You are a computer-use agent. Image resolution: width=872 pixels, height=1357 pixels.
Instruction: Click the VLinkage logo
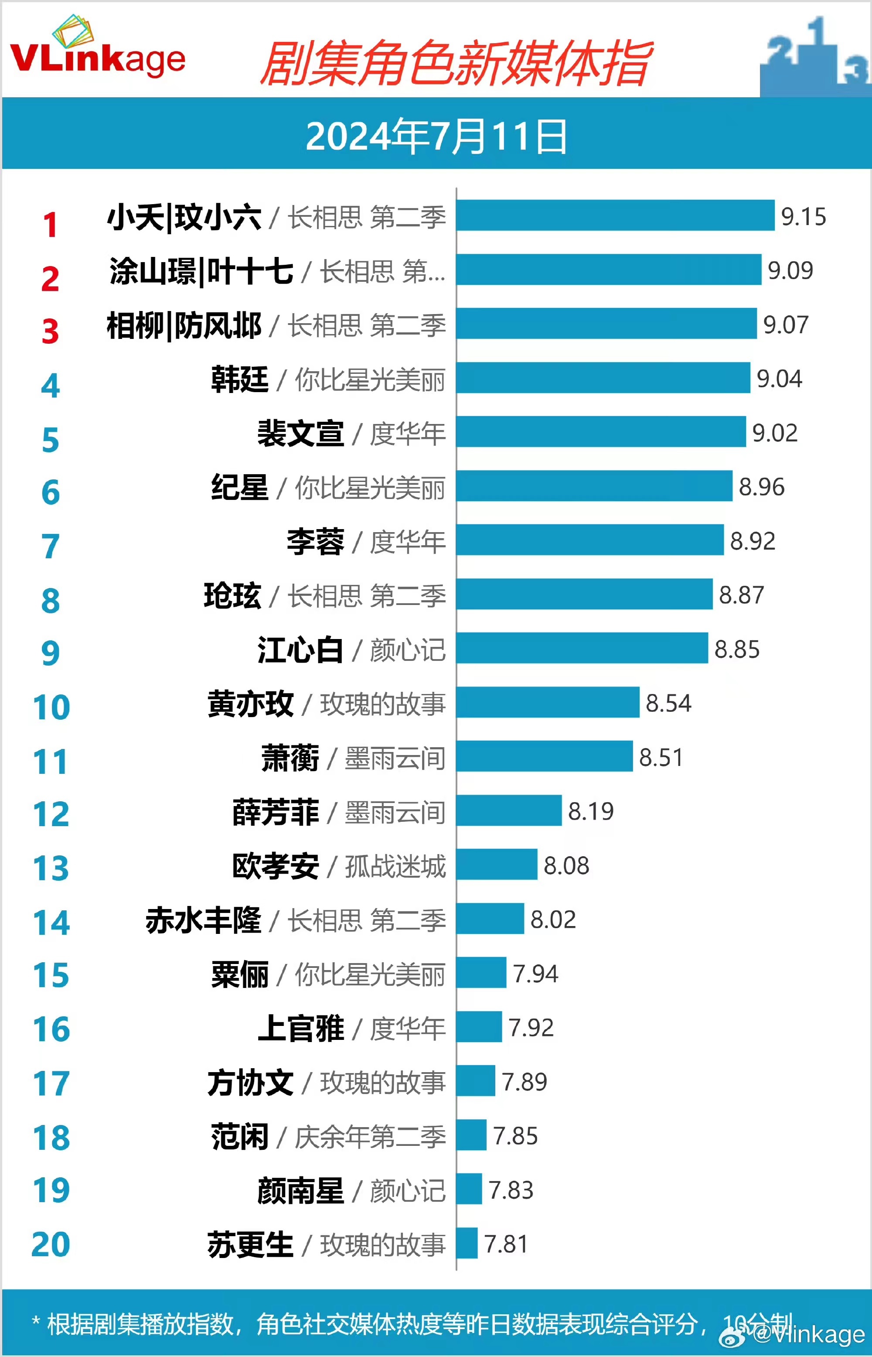tap(97, 51)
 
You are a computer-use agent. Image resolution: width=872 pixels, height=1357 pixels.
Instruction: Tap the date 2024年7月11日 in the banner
tap(436, 136)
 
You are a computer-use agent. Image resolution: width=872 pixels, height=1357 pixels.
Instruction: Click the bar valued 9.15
tap(615, 215)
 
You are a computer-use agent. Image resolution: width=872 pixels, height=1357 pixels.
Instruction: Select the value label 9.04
tap(779, 378)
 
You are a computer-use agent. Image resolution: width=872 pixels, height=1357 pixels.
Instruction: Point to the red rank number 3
tap(51, 332)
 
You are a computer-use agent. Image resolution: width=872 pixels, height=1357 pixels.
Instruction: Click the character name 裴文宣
tap(301, 433)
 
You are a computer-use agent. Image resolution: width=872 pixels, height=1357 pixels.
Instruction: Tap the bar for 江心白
tap(582, 648)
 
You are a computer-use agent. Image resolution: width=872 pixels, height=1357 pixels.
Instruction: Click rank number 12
tap(51, 814)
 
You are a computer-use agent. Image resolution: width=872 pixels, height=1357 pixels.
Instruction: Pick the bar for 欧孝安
tap(497, 864)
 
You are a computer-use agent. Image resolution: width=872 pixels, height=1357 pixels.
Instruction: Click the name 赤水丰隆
tap(203, 920)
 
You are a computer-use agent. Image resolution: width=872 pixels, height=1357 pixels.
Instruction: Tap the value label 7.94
tap(535, 974)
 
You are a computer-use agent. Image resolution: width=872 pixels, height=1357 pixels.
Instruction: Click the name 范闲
tap(239, 1136)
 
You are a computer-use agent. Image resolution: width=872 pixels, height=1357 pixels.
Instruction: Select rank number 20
tap(51, 1244)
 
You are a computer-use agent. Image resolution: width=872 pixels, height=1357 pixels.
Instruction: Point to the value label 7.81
tap(506, 1244)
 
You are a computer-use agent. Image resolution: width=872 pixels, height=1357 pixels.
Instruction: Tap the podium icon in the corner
tap(815, 57)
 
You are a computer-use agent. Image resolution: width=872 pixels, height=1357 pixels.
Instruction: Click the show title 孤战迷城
tap(395, 866)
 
